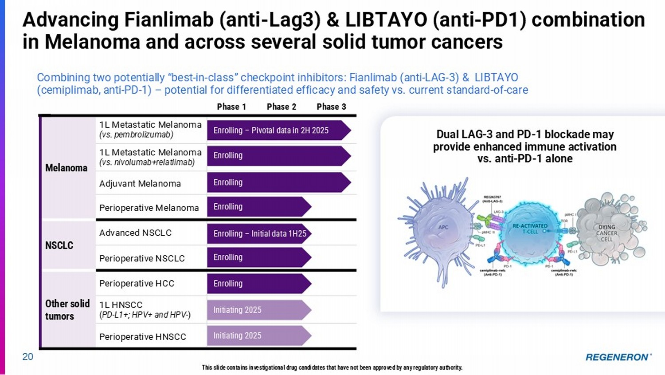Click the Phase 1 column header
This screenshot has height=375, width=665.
(231, 107)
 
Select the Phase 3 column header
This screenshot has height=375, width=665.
(331, 107)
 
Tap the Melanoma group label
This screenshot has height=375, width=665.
(66, 168)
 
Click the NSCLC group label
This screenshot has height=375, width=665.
(59, 245)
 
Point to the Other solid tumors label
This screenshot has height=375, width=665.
(67, 310)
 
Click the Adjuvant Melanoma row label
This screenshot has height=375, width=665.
(140, 184)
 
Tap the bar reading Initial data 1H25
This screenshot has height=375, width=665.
(259, 233)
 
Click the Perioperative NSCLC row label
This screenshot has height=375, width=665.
(142, 258)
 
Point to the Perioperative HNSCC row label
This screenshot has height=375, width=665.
(142, 337)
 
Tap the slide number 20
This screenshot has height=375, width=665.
(27, 357)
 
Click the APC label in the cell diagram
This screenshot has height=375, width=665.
(443, 227)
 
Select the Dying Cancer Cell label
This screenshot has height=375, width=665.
(606, 233)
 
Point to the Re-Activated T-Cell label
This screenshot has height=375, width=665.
(530, 229)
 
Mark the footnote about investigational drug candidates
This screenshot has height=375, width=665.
(332, 367)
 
